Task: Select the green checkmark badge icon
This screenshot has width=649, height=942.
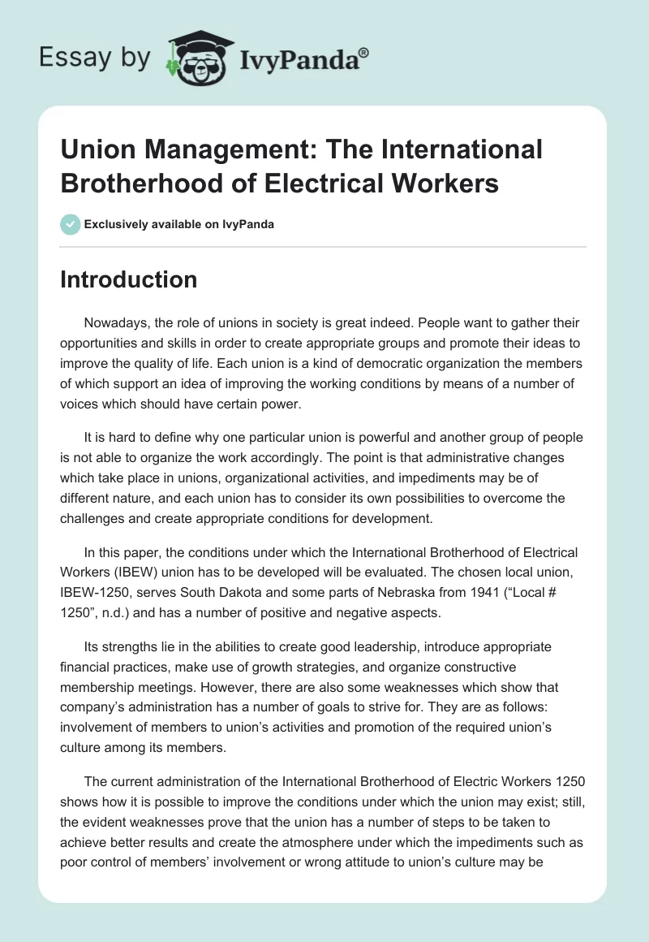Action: click(x=71, y=224)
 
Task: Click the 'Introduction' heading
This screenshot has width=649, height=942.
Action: click(x=129, y=279)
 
